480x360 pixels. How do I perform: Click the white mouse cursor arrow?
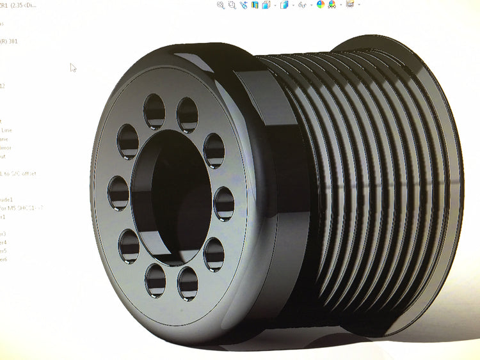pyautogui.click(x=73, y=67)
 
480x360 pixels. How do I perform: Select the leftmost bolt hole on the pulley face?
pyautogui.click(x=118, y=192)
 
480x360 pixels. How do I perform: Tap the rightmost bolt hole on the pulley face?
pyautogui.click(x=224, y=203)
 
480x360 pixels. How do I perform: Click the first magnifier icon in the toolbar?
pyautogui.click(x=221, y=5)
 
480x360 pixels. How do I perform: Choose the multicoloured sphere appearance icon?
pyautogui.click(x=321, y=5)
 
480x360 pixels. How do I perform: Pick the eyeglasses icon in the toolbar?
pyautogui.click(x=303, y=5)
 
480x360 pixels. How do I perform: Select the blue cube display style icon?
pyautogui.click(x=284, y=5)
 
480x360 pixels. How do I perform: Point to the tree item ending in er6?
pyautogui.click(x=4, y=259)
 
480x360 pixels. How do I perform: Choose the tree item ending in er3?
pyautogui.click(x=4, y=234)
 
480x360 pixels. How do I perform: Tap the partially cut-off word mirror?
pyautogui.click(x=5, y=148)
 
